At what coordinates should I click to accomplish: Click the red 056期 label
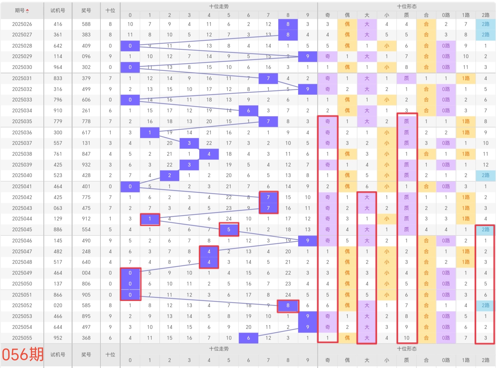tap(23, 354)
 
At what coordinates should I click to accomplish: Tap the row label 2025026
tap(22, 24)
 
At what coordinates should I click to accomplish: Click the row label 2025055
tap(22, 338)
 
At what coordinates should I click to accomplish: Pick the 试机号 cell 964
tap(58, 67)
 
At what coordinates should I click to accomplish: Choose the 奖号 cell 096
tap(86, 56)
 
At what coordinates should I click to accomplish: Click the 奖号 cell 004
tap(86, 273)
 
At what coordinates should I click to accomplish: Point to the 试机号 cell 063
tap(58, 208)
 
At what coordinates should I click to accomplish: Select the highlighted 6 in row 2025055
tap(248, 338)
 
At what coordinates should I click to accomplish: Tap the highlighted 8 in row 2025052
tap(288, 305)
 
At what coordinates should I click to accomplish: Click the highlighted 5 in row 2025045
tap(229, 230)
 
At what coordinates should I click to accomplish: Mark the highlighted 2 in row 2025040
tap(170, 175)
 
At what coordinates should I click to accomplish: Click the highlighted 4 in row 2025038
tap(209, 154)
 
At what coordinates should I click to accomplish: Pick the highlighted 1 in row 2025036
tap(150, 133)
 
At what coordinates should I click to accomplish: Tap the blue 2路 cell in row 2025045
tap(485, 230)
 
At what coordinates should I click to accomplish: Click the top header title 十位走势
tap(219, 6)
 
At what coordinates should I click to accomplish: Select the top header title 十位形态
tap(407, 6)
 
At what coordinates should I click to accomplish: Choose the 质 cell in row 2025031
tap(406, 78)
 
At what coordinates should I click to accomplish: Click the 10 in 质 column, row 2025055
tap(406, 338)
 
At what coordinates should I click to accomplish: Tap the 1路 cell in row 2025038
tap(466, 154)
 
